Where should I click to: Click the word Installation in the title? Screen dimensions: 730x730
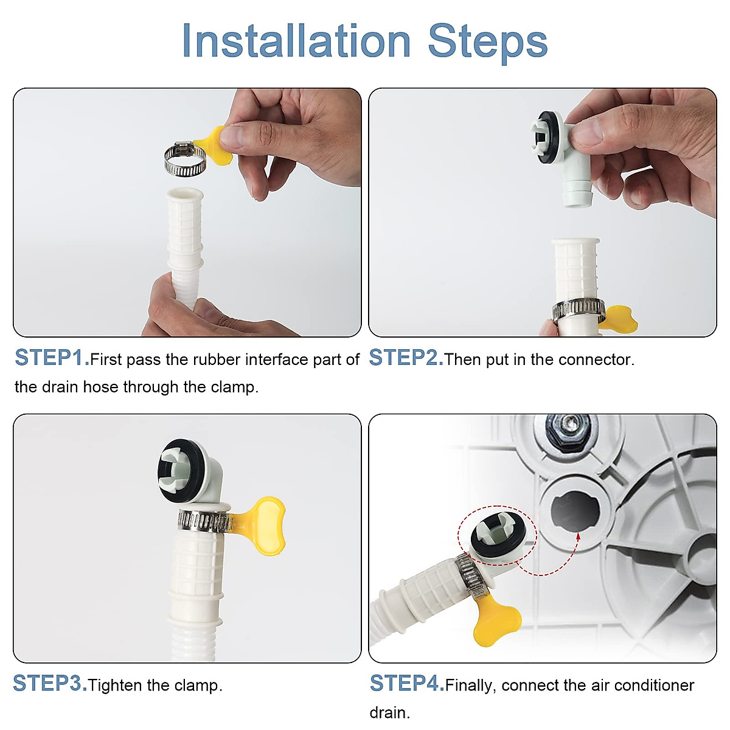click(296, 41)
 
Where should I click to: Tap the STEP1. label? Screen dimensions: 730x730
click(52, 358)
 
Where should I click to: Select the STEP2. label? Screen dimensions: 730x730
click(406, 358)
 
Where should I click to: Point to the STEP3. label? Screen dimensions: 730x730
click(50, 684)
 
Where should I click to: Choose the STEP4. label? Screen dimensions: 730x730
click(407, 684)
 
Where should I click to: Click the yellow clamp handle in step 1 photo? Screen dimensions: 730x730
click(214, 145)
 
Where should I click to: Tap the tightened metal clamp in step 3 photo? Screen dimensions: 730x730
click(204, 521)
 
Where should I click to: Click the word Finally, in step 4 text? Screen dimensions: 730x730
click(471, 686)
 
